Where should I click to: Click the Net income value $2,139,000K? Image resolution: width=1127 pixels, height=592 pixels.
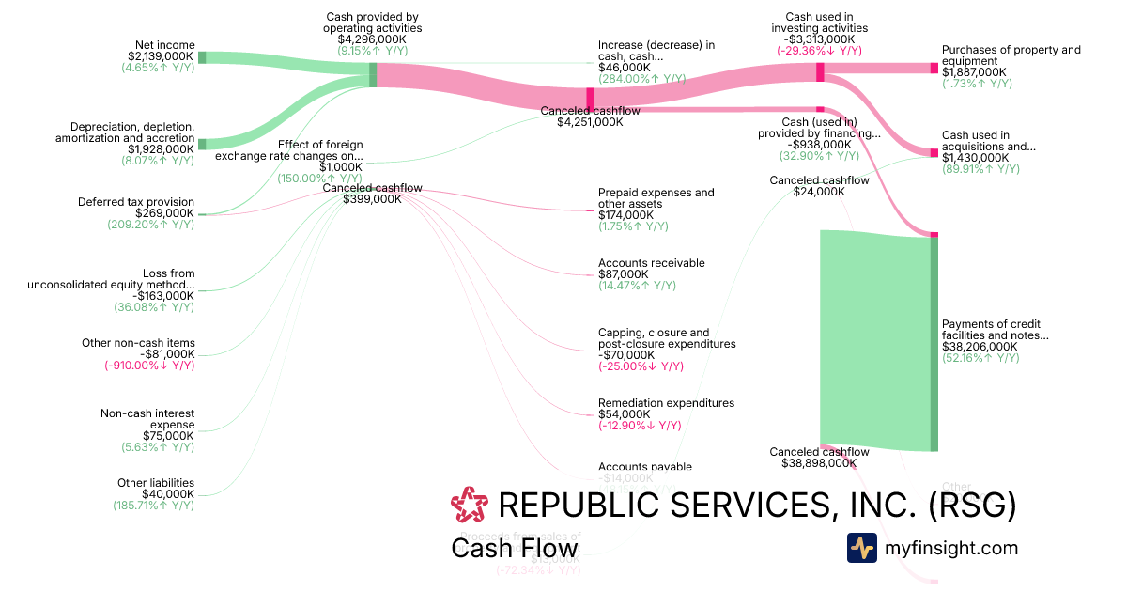(x=161, y=56)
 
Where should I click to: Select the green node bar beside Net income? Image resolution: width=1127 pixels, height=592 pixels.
(x=202, y=57)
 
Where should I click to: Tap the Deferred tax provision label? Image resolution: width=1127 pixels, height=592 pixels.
(x=136, y=201)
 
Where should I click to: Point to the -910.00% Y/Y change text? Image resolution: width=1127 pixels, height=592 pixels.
(x=149, y=366)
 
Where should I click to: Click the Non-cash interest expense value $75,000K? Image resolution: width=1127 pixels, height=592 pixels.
(x=168, y=436)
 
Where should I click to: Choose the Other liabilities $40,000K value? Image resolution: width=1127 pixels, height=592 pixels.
(x=168, y=494)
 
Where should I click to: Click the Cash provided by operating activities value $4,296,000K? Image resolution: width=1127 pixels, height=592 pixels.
(x=372, y=40)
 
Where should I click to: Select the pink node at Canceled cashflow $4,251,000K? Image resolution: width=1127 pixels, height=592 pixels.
(x=591, y=98)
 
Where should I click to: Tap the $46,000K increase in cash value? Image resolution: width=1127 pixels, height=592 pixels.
(x=624, y=68)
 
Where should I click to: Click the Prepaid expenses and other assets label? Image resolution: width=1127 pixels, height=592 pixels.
(x=656, y=198)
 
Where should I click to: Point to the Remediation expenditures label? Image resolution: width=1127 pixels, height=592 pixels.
(x=666, y=403)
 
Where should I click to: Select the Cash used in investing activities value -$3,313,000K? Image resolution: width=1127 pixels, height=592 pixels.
(x=819, y=40)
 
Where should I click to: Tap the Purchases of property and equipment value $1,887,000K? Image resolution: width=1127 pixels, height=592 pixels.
(x=974, y=72)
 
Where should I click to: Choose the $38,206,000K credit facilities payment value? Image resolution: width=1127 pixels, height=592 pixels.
(x=980, y=346)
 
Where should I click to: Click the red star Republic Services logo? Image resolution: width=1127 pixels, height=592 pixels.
(x=470, y=506)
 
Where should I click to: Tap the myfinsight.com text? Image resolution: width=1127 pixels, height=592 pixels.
(x=951, y=548)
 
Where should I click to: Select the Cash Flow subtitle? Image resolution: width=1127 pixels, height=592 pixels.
(x=514, y=549)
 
